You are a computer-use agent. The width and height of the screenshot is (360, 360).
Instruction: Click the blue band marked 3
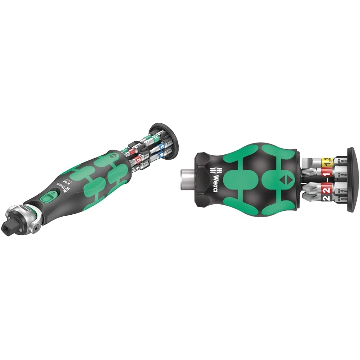pos(163,147)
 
